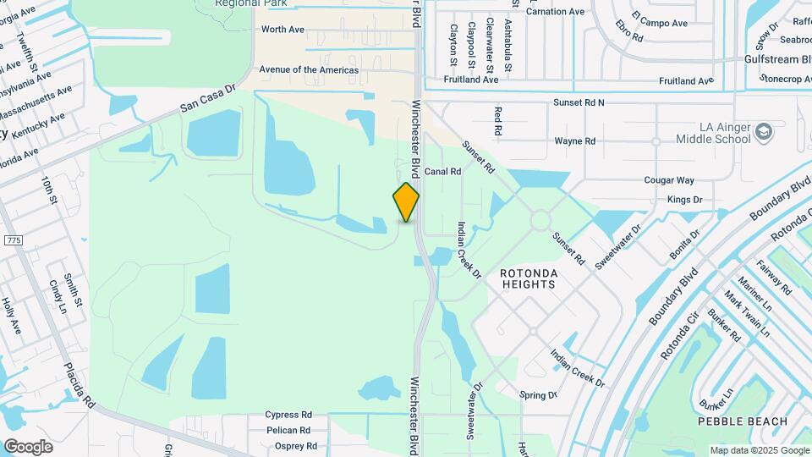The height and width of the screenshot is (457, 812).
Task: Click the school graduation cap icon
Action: pyautogui.click(x=764, y=132)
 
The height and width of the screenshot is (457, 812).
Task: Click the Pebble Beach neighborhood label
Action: pyautogui.click(x=742, y=421)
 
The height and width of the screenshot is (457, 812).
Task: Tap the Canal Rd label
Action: pyautogui.click(x=442, y=171)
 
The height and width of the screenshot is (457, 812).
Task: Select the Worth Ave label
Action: pyautogui.click(x=283, y=30)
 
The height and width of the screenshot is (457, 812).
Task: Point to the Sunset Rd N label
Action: pyautogui.click(x=579, y=102)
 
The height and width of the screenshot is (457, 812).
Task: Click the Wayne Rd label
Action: pyautogui.click(x=574, y=141)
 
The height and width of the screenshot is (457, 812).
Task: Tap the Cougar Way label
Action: pyautogui.click(x=668, y=180)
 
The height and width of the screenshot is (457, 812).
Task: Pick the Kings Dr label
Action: pyautogui.click(x=684, y=200)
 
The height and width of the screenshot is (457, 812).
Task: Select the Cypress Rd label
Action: pyautogui.click(x=288, y=416)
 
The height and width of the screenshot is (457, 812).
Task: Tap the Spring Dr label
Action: pyautogui.click(x=538, y=395)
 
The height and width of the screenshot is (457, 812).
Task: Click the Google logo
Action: pyautogui.click(x=28, y=446)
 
